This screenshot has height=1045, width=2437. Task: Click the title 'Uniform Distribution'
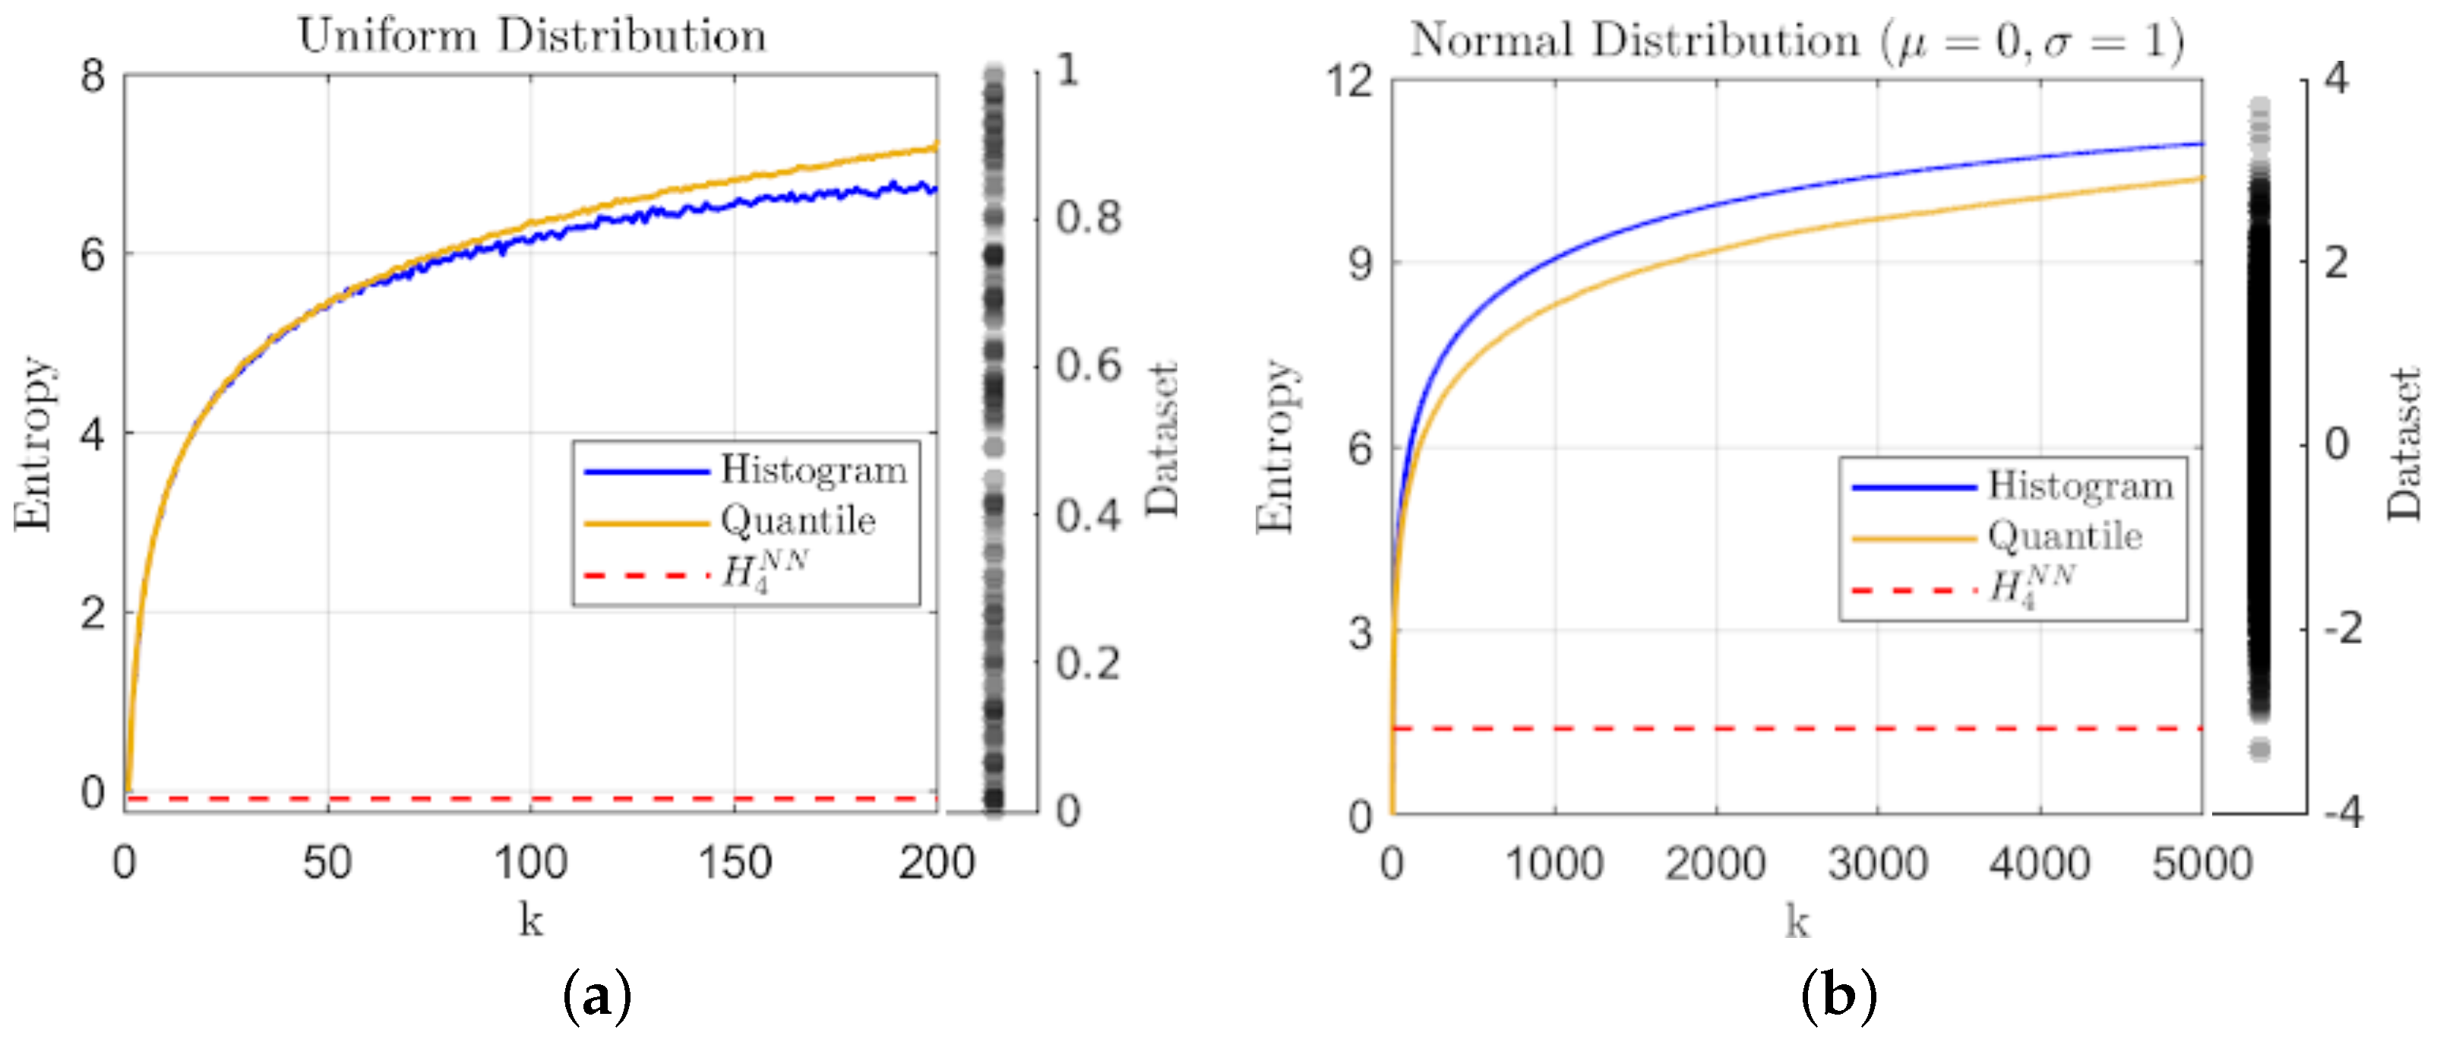click(x=532, y=36)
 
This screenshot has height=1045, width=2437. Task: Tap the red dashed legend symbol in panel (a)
click(x=646, y=574)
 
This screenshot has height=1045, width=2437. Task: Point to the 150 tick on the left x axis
click(x=734, y=863)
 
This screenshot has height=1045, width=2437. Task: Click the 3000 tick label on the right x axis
click(x=1877, y=863)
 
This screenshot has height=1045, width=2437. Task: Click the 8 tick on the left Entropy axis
click(x=93, y=76)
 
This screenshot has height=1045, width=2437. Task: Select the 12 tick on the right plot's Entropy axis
click(x=1349, y=81)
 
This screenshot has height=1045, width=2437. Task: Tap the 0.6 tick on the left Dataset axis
click(x=1088, y=366)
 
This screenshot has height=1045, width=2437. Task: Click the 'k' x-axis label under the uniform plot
click(x=531, y=919)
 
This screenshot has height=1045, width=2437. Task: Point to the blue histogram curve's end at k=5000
click(x=2202, y=144)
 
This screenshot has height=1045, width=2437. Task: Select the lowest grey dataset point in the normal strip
click(x=2260, y=750)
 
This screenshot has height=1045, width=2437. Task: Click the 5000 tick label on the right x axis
click(x=2202, y=863)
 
